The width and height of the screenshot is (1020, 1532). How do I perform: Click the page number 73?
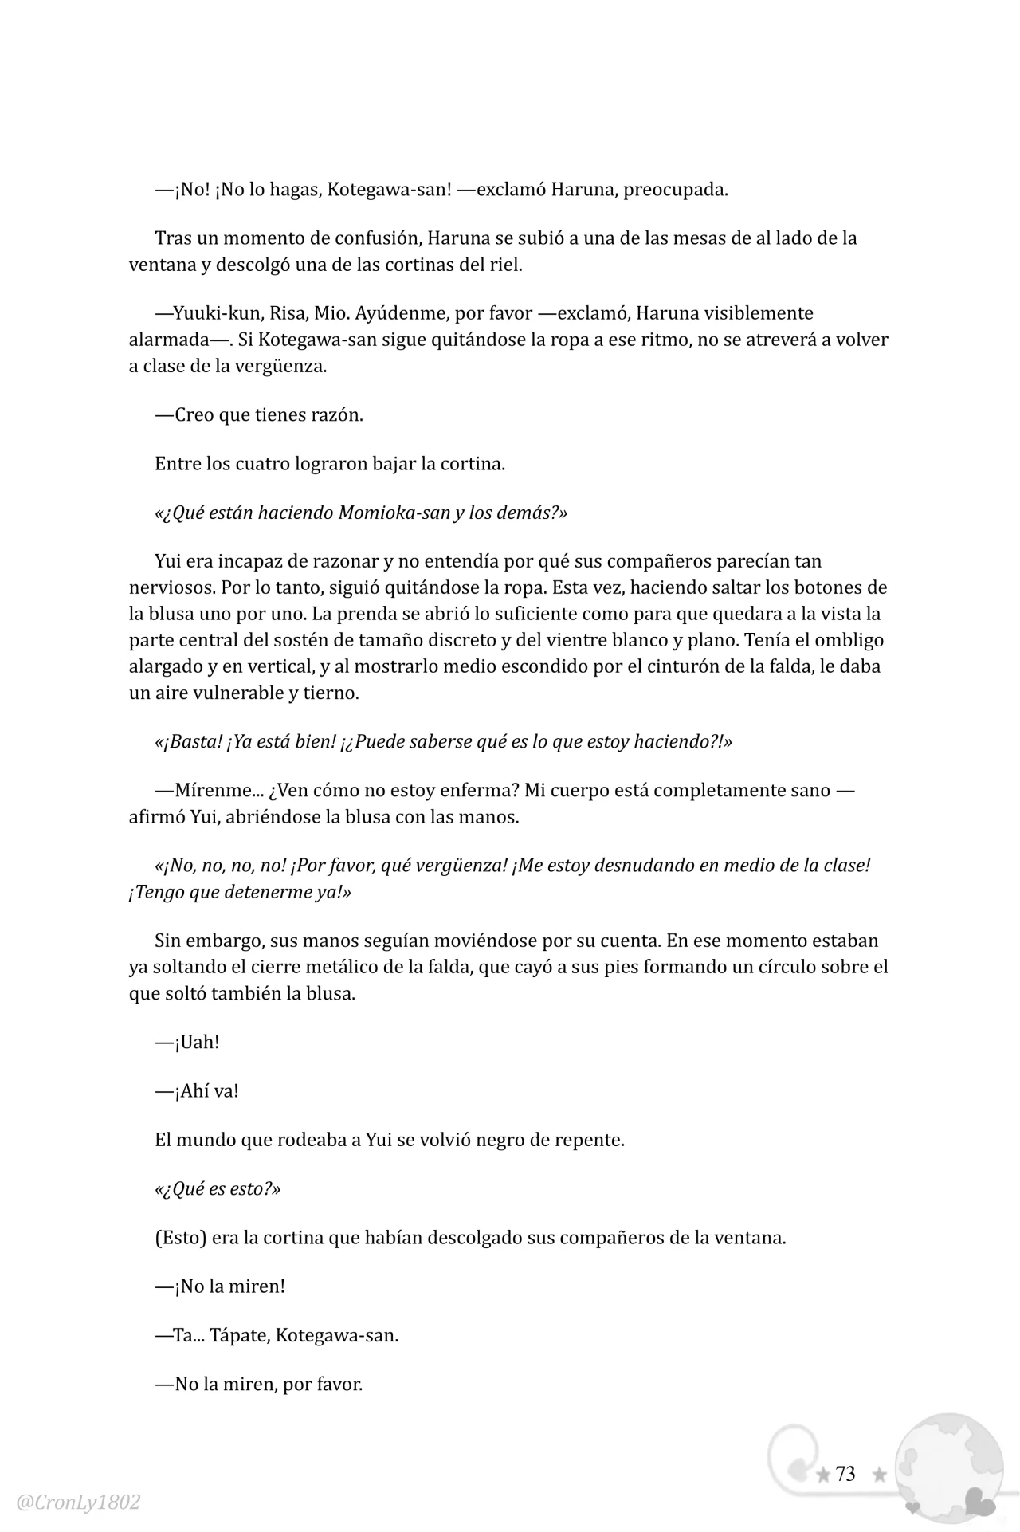[x=845, y=1474]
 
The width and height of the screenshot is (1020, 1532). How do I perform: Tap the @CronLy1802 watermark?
[x=78, y=1503]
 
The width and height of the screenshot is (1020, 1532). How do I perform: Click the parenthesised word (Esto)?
[x=182, y=1238]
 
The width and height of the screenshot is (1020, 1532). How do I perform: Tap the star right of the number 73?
[x=880, y=1475]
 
